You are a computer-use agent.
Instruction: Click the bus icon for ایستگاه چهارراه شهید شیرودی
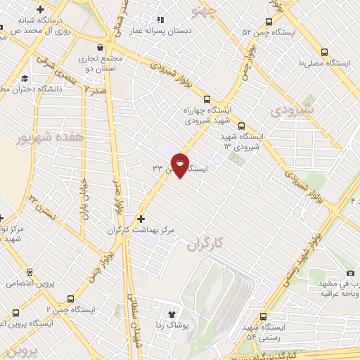click(x=206, y=99)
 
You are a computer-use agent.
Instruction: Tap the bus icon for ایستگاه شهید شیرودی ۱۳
click(x=241, y=127)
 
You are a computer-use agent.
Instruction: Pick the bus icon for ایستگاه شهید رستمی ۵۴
click(x=264, y=317)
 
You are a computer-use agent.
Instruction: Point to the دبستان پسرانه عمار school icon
click(x=160, y=20)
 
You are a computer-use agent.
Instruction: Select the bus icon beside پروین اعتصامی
click(x=29, y=271)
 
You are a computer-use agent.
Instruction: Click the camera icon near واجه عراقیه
click(x=350, y=273)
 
